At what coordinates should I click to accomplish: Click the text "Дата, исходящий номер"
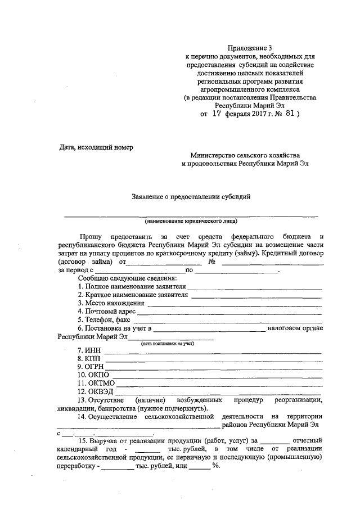pyautogui.click(x=96, y=147)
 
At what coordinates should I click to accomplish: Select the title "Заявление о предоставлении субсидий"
pyautogui.click(x=191, y=196)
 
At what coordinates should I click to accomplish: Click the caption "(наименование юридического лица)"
pyautogui.click(x=191, y=220)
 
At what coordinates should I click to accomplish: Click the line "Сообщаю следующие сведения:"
pyautogui.click(x=128, y=278)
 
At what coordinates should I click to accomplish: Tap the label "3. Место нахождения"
pyautogui.click(x=111, y=303)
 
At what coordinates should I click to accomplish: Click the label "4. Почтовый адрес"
pyautogui.click(x=107, y=311)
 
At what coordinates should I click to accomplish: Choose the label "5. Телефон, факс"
pyautogui.click(x=105, y=319)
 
